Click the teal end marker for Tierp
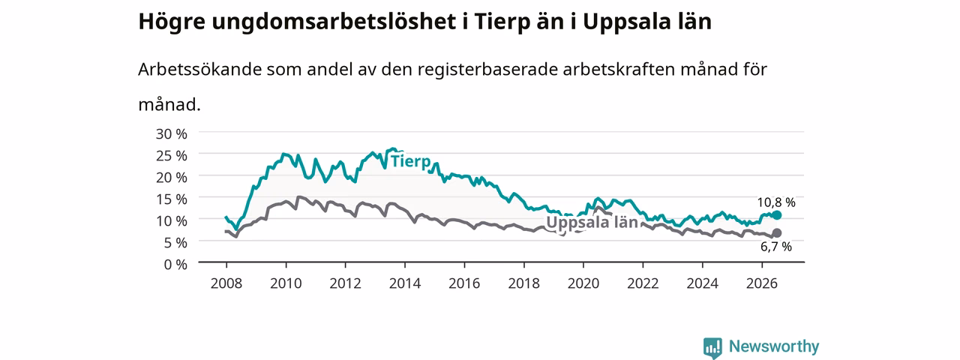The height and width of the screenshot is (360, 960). click(x=776, y=215)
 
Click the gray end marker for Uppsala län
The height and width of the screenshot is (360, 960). click(x=776, y=233)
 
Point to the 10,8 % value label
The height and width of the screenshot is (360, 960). click(x=776, y=202)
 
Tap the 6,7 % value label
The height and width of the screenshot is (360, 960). click(x=776, y=247)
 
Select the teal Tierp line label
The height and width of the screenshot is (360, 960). click(x=410, y=161)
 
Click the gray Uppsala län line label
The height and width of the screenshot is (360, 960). click(x=592, y=223)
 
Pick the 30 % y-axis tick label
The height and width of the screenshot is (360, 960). click(x=172, y=134)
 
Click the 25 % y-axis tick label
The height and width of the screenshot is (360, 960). click(x=172, y=155)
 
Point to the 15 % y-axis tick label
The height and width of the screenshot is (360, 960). click(x=172, y=199)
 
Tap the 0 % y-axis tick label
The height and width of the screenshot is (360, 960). click(x=175, y=265)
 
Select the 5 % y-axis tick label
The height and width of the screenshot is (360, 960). click(x=175, y=242)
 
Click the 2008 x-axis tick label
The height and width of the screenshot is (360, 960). click(x=226, y=283)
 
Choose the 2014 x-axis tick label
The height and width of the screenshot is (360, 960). click(x=405, y=283)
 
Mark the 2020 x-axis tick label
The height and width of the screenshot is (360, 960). click(x=583, y=283)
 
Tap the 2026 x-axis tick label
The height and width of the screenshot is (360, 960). click(x=762, y=283)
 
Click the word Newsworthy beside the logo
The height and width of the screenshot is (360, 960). click(x=774, y=346)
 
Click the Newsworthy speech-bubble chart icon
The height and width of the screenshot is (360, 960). click(x=712, y=348)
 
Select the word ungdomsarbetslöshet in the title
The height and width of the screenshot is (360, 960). click(x=334, y=22)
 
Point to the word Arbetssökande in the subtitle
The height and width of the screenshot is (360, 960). click(x=199, y=70)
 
